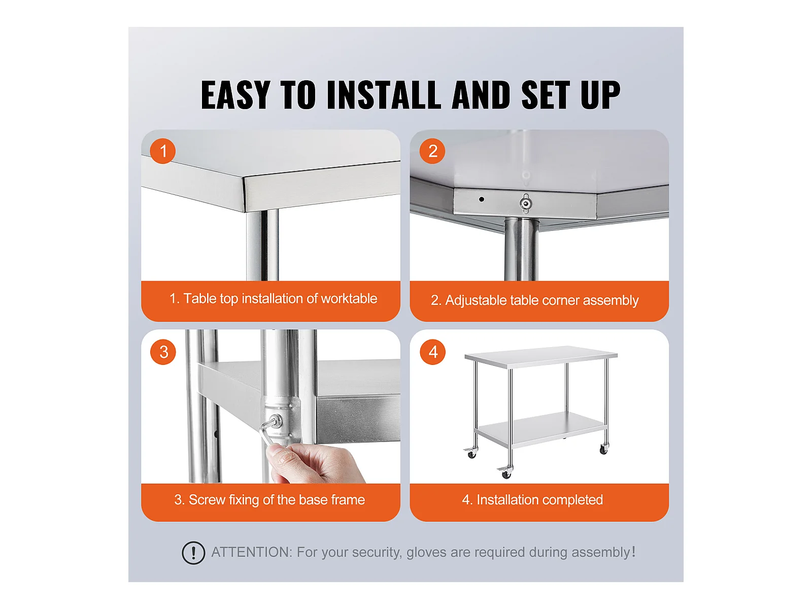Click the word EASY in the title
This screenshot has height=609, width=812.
235,95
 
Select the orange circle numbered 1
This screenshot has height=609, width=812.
163,151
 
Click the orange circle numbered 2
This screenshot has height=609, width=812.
432,151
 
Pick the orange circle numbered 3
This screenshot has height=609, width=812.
163,352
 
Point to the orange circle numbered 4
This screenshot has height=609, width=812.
433,352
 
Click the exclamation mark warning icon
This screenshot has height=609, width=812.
193,553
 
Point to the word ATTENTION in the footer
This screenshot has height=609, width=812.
252,552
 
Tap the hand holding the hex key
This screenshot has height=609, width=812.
315,463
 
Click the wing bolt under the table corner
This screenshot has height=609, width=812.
526,204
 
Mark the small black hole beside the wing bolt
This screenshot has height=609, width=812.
481,199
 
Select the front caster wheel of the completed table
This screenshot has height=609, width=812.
505,472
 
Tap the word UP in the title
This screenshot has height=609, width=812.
600,95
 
